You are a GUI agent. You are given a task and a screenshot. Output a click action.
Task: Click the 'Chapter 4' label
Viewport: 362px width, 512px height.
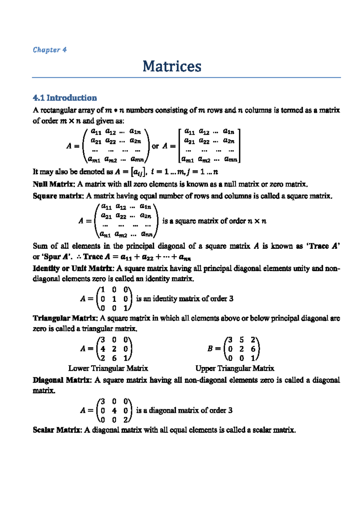tap(49, 50)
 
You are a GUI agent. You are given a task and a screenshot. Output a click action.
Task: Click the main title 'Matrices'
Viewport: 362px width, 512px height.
tap(172, 66)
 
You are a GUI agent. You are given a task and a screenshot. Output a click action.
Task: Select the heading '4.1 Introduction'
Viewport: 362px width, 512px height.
tap(65, 98)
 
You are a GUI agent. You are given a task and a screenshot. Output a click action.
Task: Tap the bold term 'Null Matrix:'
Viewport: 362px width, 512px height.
tap(54, 184)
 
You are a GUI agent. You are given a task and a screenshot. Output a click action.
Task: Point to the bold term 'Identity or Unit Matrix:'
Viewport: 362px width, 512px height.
tap(73, 268)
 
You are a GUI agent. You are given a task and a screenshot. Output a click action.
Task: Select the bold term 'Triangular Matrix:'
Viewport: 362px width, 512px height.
tap(65, 318)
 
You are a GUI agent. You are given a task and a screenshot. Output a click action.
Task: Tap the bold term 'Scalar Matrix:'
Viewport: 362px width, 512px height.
tap(57, 430)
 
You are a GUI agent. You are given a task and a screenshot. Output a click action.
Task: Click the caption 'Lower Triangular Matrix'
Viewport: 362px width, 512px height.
tap(108, 368)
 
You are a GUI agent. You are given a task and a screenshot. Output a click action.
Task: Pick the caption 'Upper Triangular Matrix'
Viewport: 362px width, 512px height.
tap(235, 368)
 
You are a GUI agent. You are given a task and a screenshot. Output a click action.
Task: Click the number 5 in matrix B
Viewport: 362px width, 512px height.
tap(242, 340)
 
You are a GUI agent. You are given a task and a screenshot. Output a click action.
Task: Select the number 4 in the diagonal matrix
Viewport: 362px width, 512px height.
tap(114, 411)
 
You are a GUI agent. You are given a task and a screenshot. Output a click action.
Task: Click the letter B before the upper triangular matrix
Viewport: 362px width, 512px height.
tap(210, 349)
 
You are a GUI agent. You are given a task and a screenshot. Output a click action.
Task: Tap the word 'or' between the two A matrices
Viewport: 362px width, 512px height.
tap(155, 146)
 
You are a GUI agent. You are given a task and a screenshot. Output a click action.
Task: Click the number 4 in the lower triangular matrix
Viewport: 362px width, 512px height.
tap(103, 349)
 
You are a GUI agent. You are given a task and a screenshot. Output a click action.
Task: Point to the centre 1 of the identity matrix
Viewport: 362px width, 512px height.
tap(114, 299)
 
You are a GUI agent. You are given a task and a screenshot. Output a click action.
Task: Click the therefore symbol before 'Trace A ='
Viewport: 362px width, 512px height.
tap(79, 257)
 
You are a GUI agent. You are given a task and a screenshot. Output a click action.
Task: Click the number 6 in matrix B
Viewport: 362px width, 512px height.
tap(253, 349)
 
